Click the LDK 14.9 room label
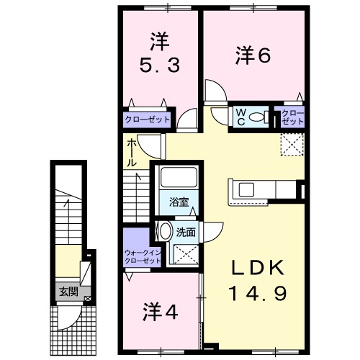(x=258, y=280)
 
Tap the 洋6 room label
(x=253, y=55)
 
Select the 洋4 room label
(x=161, y=312)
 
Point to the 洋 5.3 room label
(x=160, y=53)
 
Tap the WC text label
(x=241, y=117)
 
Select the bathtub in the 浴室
(x=179, y=177)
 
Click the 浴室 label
(x=179, y=202)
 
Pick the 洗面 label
(x=186, y=233)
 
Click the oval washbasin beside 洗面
(x=166, y=231)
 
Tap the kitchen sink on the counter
(x=246, y=189)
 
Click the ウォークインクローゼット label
(x=143, y=256)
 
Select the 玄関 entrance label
(x=68, y=292)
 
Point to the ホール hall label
(x=132, y=153)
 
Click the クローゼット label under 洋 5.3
(x=148, y=120)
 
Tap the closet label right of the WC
(x=292, y=117)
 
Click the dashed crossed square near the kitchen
(x=292, y=144)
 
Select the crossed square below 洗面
(x=186, y=254)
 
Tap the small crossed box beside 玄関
(x=87, y=299)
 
